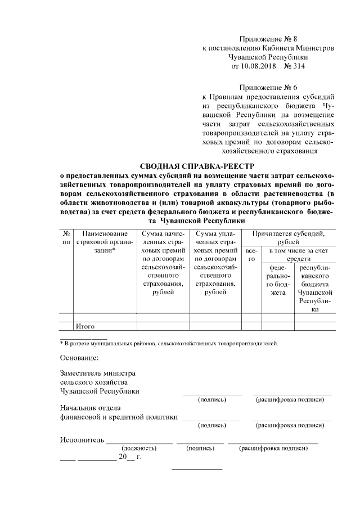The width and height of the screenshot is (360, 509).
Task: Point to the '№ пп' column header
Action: (x=66, y=237)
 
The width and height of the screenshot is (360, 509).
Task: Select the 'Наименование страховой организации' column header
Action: (x=105, y=241)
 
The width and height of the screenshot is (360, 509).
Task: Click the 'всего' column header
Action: (x=251, y=254)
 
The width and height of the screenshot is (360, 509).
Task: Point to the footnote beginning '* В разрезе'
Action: (x=169, y=343)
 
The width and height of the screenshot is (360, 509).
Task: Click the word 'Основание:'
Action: (x=79, y=358)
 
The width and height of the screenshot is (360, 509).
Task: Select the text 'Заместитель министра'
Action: (x=97, y=373)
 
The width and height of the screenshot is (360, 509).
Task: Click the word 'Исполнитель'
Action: (x=82, y=440)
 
